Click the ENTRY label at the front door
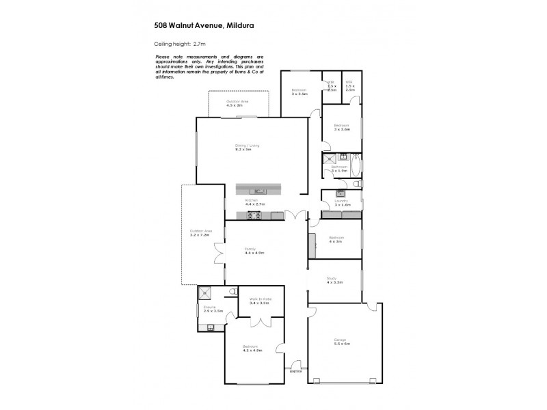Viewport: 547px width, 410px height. click(296, 371)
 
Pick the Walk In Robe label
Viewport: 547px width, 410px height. click(261, 299)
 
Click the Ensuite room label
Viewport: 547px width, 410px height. click(210, 308)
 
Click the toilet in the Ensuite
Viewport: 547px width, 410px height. click(211, 327)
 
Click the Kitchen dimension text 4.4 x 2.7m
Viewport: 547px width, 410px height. click(254, 204)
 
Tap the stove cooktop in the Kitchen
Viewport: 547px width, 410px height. click(254, 216)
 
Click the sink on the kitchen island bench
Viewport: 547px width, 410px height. click(260, 190)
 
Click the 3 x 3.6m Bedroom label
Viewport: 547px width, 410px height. click(342, 127)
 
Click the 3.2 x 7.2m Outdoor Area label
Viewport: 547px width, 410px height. click(202, 232)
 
